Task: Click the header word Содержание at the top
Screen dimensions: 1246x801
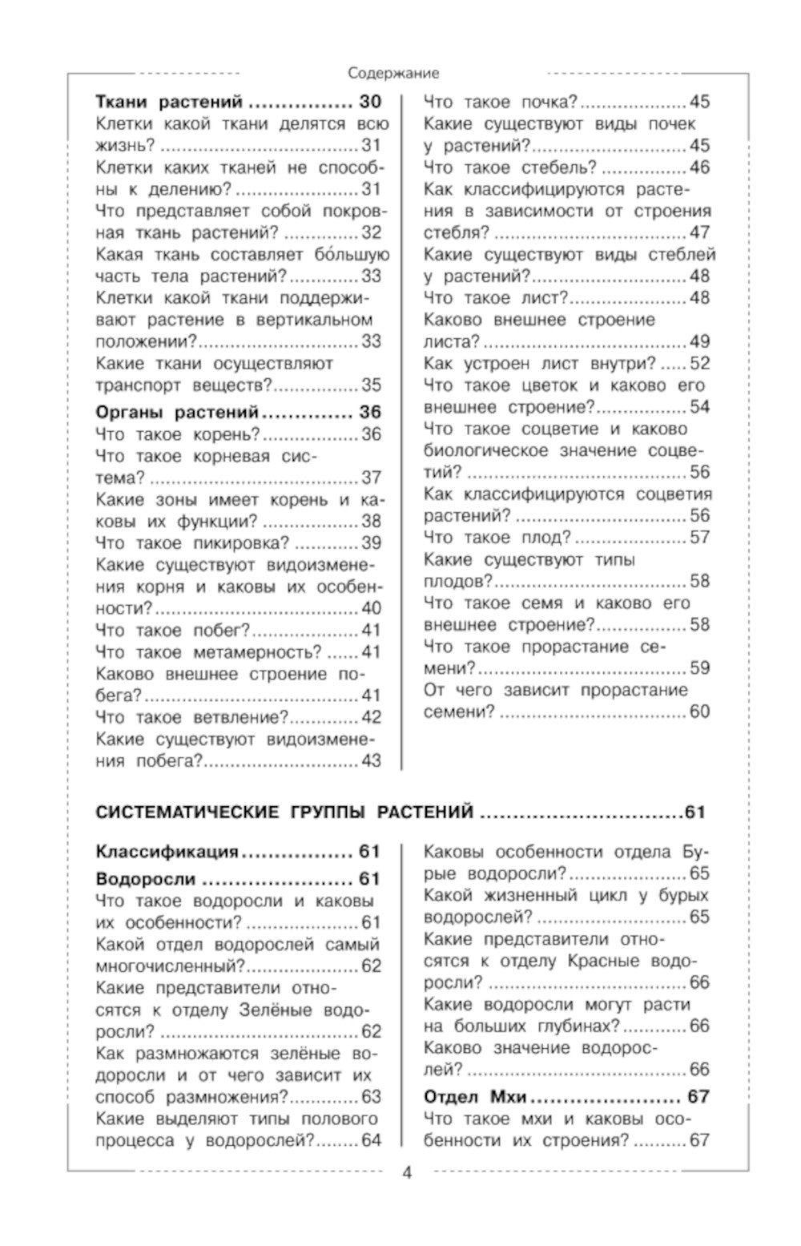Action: (x=393, y=73)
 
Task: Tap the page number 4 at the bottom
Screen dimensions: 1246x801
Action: (x=406, y=1174)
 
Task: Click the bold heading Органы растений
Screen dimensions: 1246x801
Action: (x=176, y=413)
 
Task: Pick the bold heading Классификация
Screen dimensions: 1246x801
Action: (x=167, y=851)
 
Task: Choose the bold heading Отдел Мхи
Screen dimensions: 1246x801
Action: (x=476, y=1096)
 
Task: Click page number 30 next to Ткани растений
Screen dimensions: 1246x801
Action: (x=370, y=102)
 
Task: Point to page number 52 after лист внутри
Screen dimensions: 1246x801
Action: (x=699, y=363)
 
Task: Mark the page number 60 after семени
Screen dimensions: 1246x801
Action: (x=699, y=712)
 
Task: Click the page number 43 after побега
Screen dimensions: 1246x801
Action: (x=371, y=761)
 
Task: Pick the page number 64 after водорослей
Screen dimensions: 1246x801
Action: (x=371, y=1140)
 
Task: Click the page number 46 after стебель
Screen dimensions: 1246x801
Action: (x=699, y=167)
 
